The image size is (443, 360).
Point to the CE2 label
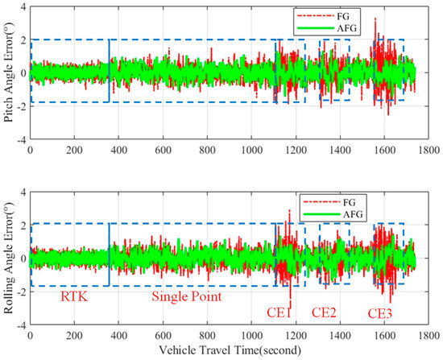coord(324,312)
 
